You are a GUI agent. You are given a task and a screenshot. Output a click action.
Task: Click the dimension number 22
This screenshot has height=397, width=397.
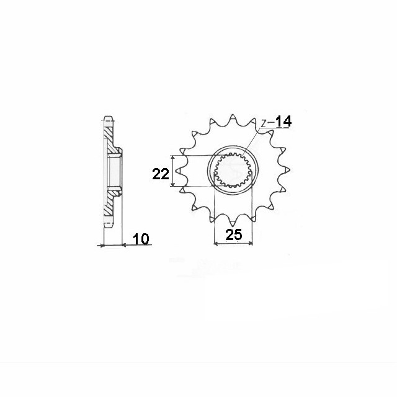coord(161,174)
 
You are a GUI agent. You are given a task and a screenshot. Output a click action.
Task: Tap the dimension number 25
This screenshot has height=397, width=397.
coord(233,235)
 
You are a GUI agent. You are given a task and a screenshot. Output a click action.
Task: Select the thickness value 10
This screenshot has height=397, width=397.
coord(141,239)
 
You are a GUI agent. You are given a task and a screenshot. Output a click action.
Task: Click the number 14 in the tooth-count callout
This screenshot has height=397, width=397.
coord(282,122)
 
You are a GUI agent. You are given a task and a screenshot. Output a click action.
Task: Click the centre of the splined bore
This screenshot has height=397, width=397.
coord(233,171)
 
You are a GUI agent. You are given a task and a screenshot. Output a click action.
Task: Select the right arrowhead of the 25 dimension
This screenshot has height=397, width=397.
coord(251,244)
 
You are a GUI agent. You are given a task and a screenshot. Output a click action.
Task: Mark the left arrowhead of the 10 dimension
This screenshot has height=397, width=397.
coord(101,245)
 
